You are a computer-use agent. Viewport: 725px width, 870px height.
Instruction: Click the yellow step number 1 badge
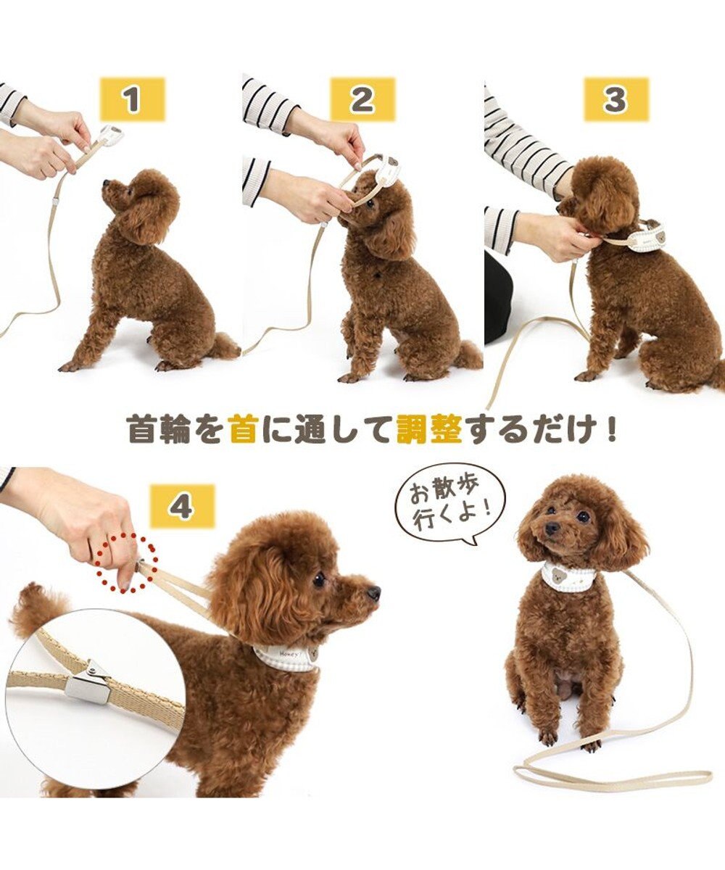pos(132,99)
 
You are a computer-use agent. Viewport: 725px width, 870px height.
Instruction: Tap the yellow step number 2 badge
pos(362,99)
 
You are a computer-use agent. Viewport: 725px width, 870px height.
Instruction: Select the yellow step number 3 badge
pos(616,99)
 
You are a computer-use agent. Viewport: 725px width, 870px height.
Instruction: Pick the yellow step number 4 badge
pos(182,505)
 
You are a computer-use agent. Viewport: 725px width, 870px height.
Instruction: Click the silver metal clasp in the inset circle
pos(88,683)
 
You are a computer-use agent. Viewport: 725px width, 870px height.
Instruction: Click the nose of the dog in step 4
pos(373,594)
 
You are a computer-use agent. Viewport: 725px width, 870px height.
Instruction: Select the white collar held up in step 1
pos(110,134)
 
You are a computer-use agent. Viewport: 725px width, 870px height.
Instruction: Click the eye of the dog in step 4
pos(319,579)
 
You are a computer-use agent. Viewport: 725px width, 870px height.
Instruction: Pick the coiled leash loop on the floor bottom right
pos(609,776)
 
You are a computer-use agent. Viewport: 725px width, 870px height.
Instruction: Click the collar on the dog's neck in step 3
pos(644,237)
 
